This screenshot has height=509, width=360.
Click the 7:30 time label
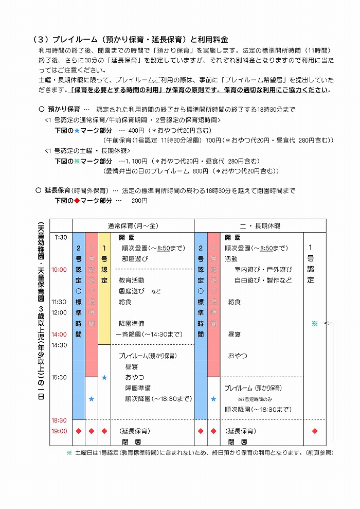[x=60, y=237]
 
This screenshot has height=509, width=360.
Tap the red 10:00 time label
[x=59, y=270]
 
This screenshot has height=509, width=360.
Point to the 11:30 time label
[x=59, y=302]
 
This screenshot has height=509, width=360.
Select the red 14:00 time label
[x=59, y=334]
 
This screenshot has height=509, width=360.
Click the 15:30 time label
[x=59, y=377]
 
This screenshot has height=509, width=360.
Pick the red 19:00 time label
[x=59, y=431]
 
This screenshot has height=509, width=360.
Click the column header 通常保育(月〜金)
[x=133, y=226]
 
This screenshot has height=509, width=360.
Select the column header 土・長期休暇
[x=260, y=226]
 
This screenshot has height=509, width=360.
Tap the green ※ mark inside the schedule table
[x=315, y=324]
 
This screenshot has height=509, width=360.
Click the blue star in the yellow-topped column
[x=104, y=377]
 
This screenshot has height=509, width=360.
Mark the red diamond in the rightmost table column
[x=315, y=431]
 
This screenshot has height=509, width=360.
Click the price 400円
[x=136, y=130]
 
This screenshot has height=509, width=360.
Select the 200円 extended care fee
[x=139, y=201]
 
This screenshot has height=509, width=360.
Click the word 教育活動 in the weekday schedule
[x=131, y=280]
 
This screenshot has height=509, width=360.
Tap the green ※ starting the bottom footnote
[x=69, y=453]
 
